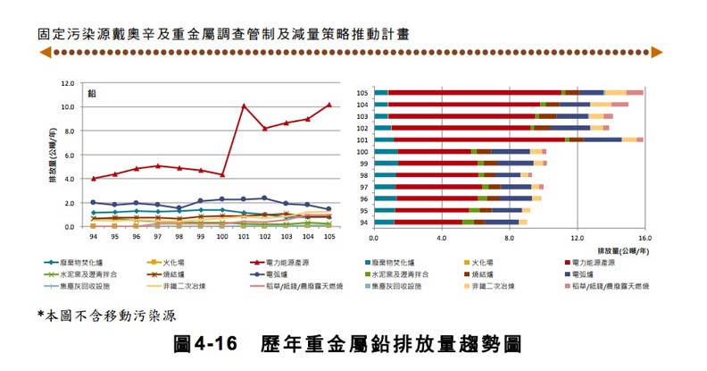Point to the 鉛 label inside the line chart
tap(92, 94)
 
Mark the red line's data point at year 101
tap(244, 106)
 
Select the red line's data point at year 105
tap(329, 105)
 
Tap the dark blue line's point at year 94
tap(93, 203)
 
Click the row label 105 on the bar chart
tap(362, 93)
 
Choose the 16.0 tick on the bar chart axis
tap(645, 239)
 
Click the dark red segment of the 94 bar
tap(428, 222)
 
